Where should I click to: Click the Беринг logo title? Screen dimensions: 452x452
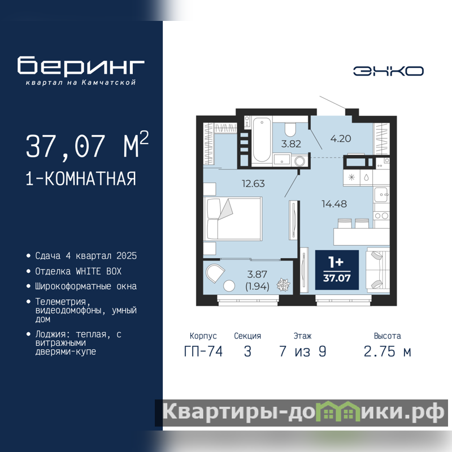(81, 65)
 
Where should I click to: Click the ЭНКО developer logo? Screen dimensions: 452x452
(388, 71)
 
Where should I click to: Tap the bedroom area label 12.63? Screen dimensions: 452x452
(253, 184)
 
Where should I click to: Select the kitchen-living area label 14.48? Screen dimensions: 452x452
(334, 204)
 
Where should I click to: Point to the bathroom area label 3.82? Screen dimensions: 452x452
(291, 144)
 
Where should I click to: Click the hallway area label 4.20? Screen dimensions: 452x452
(341, 138)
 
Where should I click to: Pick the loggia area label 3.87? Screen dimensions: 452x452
(257, 274)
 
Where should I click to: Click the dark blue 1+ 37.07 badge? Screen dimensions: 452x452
(337, 270)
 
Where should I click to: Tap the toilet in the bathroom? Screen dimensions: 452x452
(290, 129)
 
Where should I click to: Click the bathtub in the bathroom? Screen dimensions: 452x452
(262, 140)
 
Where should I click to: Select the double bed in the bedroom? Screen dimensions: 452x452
(233, 219)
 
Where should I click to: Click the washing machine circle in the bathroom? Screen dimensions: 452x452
(300, 161)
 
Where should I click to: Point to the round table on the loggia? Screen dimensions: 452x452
(229, 286)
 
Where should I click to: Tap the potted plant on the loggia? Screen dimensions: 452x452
(284, 285)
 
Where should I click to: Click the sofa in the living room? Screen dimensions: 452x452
(378, 270)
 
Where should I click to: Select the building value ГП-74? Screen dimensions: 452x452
(203, 351)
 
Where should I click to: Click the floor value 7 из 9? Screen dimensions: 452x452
(302, 351)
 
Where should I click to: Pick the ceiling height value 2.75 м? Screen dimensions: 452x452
(387, 351)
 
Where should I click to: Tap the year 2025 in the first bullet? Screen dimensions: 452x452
(127, 256)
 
